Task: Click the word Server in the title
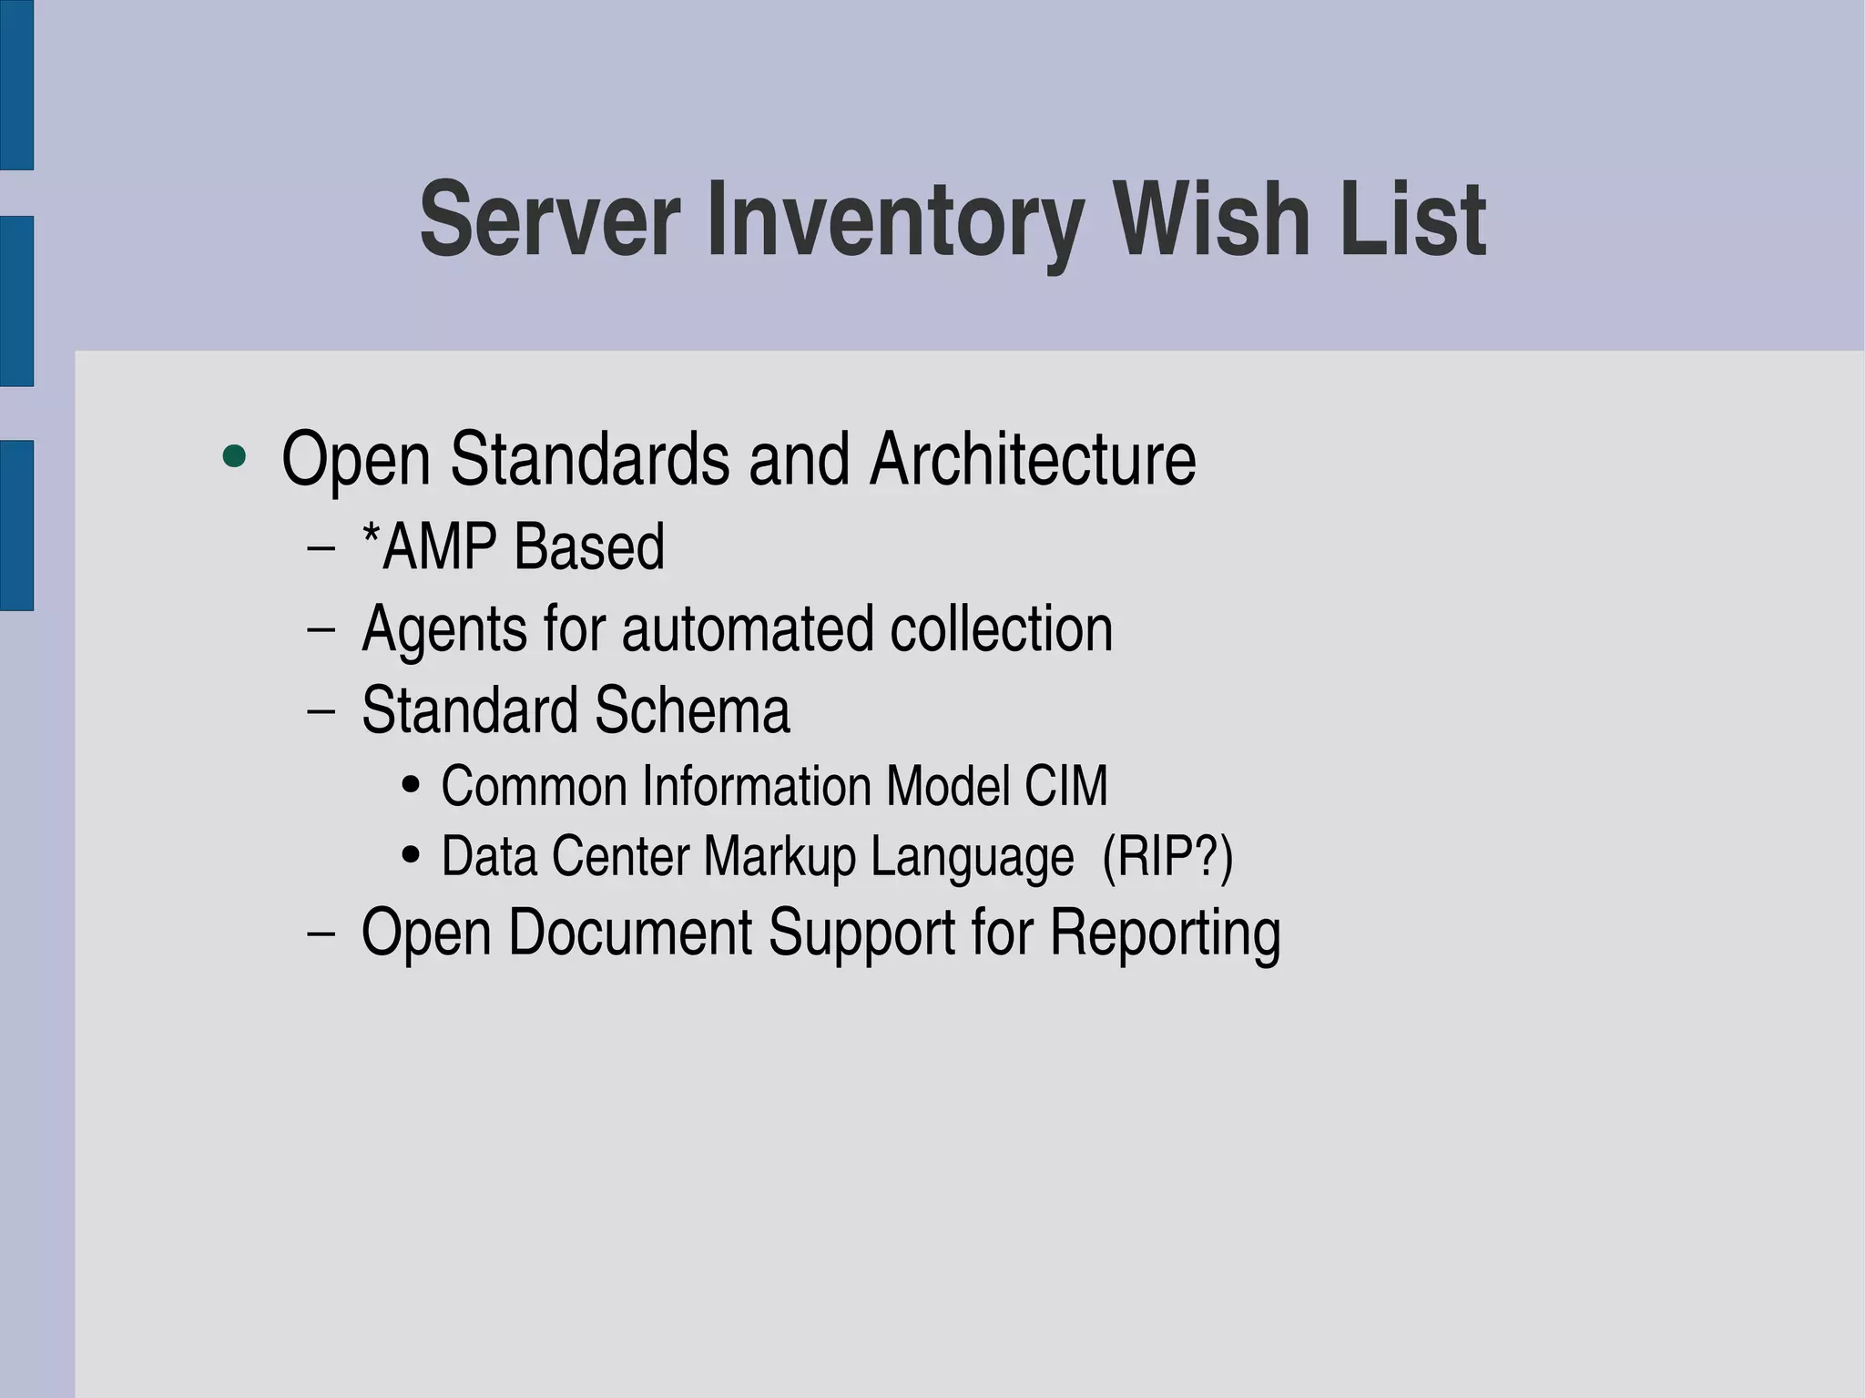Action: [x=549, y=220]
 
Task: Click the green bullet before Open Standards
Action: [x=235, y=457]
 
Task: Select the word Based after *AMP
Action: [x=588, y=547]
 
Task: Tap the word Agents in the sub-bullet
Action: [x=443, y=630]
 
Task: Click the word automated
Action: [x=747, y=630]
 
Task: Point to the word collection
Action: [x=1001, y=630]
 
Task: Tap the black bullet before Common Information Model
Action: [x=411, y=785]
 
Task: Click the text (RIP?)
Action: [x=1167, y=858]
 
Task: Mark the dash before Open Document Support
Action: [x=321, y=934]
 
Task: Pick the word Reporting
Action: [x=1165, y=934]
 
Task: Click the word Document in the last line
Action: [x=629, y=934]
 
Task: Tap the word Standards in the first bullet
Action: [x=589, y=459]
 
